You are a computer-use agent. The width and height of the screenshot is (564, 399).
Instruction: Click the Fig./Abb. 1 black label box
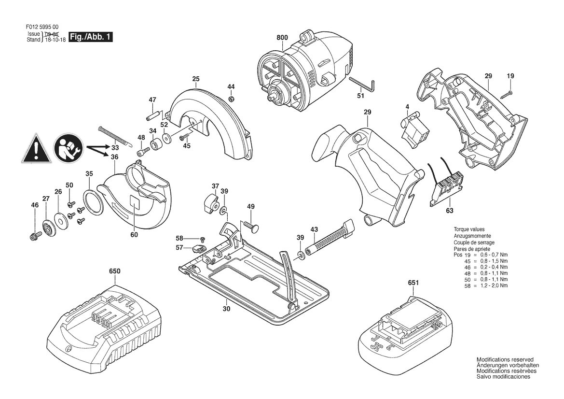(90, 37)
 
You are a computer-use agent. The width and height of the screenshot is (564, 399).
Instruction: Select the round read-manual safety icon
(69, 147)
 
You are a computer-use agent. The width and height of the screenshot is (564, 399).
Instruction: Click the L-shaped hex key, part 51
(362, 85)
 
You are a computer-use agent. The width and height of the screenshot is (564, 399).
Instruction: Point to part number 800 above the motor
(282, 38)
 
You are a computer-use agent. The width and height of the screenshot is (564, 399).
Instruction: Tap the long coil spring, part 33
(113, 136)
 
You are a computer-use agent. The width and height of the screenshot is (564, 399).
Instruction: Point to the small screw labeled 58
(203, 239)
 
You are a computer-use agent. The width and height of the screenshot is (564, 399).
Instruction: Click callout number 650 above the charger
(114, 271)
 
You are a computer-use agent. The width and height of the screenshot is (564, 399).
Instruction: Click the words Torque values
(468, 229)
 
